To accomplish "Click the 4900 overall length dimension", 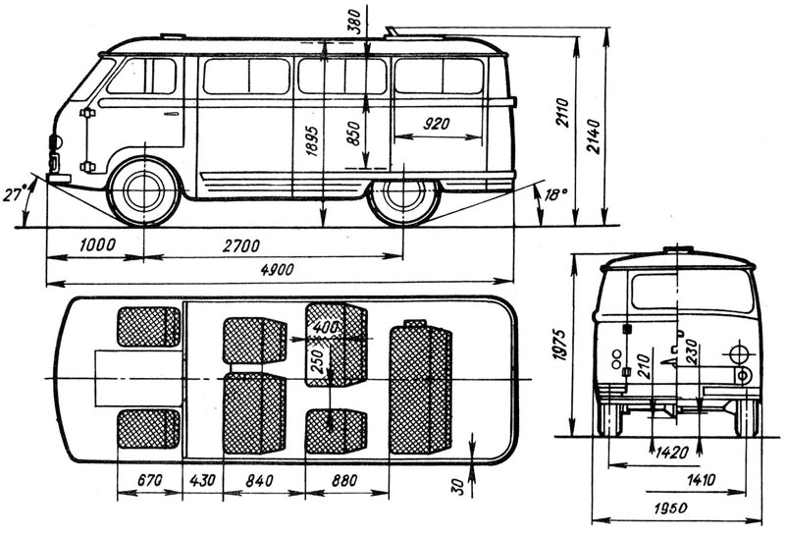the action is click(x=277, y=270).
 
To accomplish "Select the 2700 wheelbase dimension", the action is click(x=241, y=246).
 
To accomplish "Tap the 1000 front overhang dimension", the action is click(x=97, y=245).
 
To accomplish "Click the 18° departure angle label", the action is click(x=553, y=194).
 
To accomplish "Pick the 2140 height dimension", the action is click(x=594, y=136).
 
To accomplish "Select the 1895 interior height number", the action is click(x=312, y=140).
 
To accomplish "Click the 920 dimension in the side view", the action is click(x=437, y=124).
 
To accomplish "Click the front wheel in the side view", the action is click(x=144, y=190).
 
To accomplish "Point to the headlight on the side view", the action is click(x=55, y=142).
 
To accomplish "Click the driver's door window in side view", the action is click(x=142, y=77).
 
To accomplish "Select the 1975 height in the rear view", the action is click(x=559, y=345).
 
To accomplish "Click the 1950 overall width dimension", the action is click(x=671, y=508).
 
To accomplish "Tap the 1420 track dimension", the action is click(x=672, y=453).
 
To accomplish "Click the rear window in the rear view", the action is click(x=693, y=291).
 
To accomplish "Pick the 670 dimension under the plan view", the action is click(x=150, y=480).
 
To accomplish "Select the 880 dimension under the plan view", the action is click(x=344, y=480).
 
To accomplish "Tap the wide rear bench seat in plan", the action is click(x=421, y=388).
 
